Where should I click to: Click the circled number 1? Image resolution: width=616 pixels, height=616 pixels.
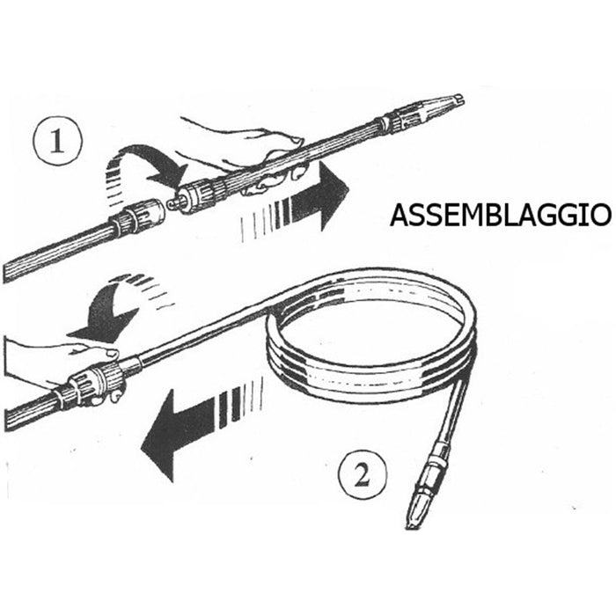pyautogui.click(x=57, y=141)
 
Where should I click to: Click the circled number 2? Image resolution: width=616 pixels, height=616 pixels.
pyautogui.click(x=363, y=474)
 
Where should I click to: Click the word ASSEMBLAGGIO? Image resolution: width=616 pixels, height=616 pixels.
pyautogui.click(x=501, y=216)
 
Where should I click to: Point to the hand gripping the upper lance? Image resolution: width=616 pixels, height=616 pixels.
pyautogui.click(x=244, y=150)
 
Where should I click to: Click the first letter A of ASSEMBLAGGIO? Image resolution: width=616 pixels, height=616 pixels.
pyautogui.click(x=399, y=216)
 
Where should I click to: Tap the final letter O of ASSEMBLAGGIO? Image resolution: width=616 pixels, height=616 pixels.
pyautogui.click(x=601, y=216)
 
